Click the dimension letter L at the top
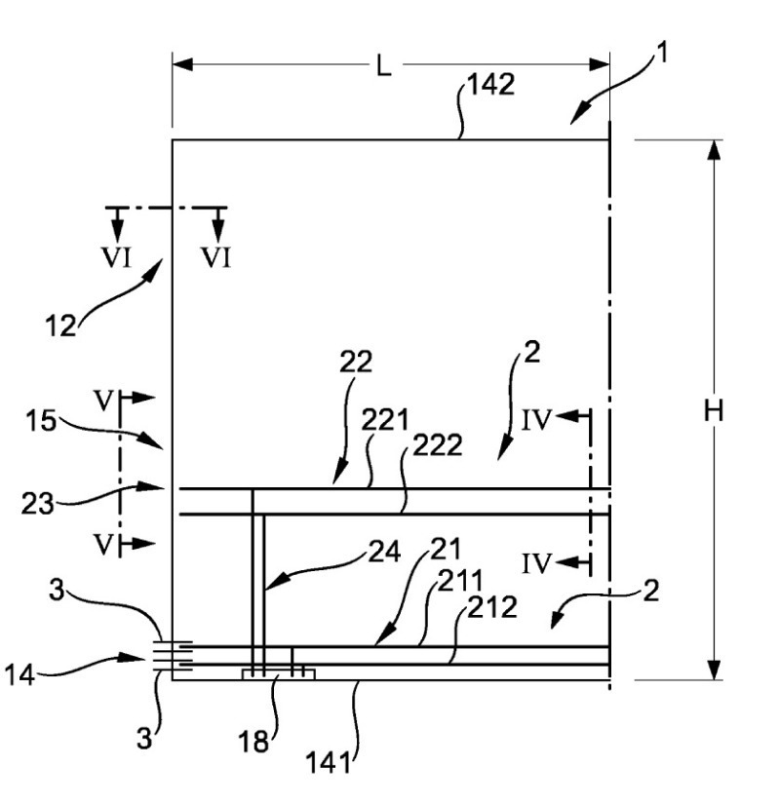click(x=386, y=67)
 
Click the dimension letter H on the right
click(x=714, y=411)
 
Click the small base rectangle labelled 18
click(x=278, y=673)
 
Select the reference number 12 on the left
click(x=60, y=324)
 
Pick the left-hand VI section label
click(x=116, y=258)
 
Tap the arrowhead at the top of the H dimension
click(x=714, y=149)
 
